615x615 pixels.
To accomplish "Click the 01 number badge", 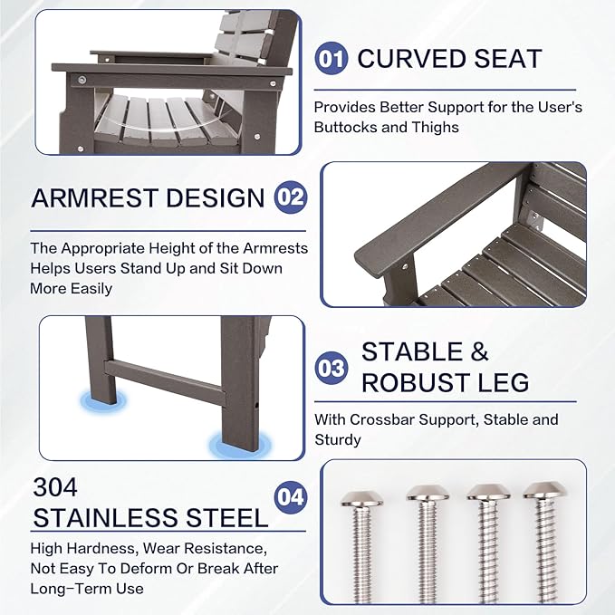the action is tap(331, 59).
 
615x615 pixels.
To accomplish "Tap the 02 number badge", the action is tap(291, 197).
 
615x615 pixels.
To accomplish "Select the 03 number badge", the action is tap(331, 368).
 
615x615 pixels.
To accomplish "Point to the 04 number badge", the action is tap(291, 497).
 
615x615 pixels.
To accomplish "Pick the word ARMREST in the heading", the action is tap(94, 197).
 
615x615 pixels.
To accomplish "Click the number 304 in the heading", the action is tap(55, 487).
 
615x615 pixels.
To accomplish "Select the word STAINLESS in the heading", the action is tap(105, 518).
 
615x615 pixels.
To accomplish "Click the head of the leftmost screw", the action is tap(361, 498).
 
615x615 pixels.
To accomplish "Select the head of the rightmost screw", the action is tap(545, 490).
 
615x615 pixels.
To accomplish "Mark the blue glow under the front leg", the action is tap(240, 445).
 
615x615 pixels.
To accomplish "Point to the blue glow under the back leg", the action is tap(103, 402).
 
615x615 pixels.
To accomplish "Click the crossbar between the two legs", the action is tap(165, 381).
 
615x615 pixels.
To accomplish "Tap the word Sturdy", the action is tap(338, 440).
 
